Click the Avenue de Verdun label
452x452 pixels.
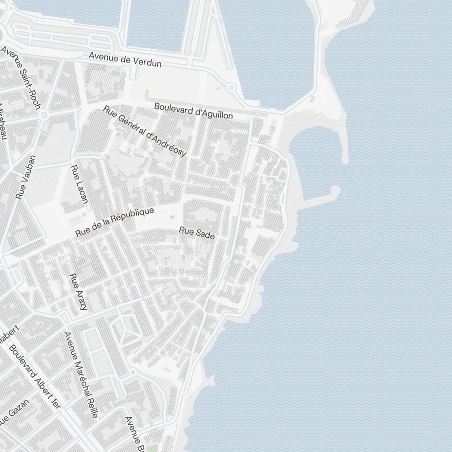click(125, 59)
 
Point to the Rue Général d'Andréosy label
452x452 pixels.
click(145, 131)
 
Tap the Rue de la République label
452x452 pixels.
click(115, 222)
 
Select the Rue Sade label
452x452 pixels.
click(197, 233)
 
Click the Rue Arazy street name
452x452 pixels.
click(78, 292)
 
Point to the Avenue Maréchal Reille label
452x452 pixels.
click(81, 375)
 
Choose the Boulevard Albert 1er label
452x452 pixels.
click(35, 377)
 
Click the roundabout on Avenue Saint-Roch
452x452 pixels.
click(44, 115)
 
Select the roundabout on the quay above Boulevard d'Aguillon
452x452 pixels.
click(231, 88)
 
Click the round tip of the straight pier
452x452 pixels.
click(335, 189)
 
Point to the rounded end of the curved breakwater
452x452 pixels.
click(345, 159)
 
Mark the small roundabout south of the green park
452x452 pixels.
click(133, 372)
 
